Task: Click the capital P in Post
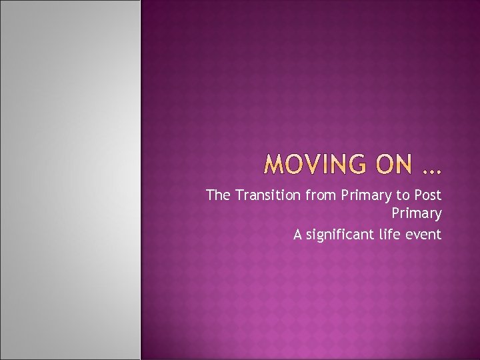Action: point(417,195)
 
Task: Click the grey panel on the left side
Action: point(70,180)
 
